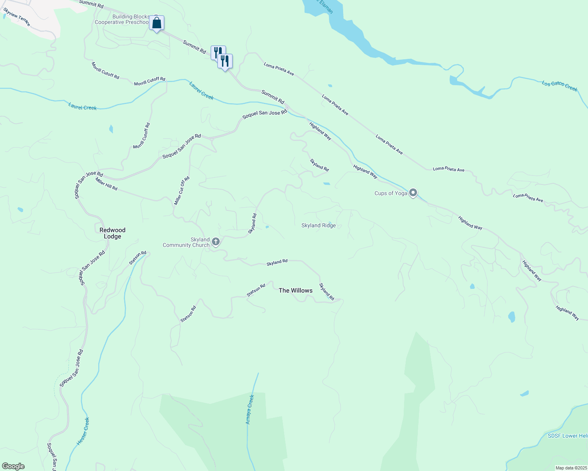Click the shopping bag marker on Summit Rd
156,24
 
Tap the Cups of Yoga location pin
413,193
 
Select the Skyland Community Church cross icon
215,242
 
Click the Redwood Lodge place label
112,233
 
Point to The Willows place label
296,290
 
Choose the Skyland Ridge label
318,225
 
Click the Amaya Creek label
250,409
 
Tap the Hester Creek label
83,431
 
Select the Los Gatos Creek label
559,86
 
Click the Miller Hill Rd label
106,184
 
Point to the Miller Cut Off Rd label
182,191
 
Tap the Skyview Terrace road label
17,18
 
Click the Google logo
13,466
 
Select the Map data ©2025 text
571,468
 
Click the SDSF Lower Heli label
568,436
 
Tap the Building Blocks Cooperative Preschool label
122,19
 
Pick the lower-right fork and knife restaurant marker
225,62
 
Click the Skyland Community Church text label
186,242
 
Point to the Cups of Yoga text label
391,193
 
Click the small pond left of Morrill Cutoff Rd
111,129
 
